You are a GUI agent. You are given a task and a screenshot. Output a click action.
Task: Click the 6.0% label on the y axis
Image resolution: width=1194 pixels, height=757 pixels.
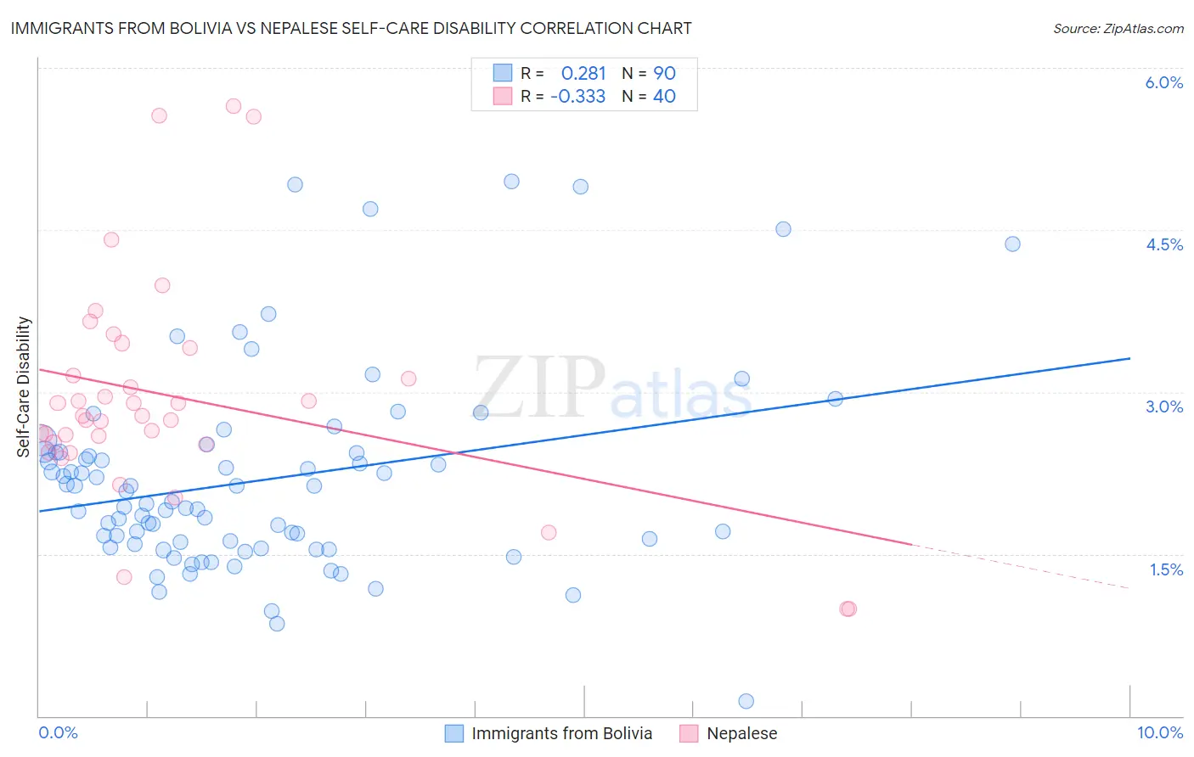pyautogui.click(x=1163, y=82)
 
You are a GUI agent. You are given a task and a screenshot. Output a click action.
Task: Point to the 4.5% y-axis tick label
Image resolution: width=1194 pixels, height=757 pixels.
pyautogui.click(x=1163, y=244)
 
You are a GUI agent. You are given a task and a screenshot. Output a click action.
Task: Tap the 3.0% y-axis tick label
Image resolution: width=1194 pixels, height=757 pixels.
pyautogui.click(x=1163, y=407)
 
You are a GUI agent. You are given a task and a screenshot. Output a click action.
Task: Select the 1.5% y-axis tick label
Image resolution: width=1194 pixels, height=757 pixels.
pyautogui.click(x=1166, y=569)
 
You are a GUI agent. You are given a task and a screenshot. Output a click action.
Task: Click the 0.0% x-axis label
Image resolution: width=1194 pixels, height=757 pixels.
pyautogui.click(x=58, y=732)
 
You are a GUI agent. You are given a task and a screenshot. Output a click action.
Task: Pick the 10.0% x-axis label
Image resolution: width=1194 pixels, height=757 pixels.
pyautogui.click(x=1159, y=732)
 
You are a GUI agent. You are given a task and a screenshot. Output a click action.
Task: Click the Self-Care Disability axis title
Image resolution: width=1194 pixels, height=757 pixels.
pyautogui.click(x=24, y=387)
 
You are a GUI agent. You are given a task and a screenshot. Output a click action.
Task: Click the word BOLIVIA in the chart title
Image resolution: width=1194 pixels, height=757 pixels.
pyautogui.click(x=208, y=28)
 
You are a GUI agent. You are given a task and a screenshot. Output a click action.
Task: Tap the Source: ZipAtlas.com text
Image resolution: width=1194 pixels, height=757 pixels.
pyautogui.click(x=1118, y=28)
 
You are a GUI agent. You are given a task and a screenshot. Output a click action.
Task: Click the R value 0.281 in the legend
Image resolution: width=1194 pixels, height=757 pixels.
pyautogui.click(x=583, y=74)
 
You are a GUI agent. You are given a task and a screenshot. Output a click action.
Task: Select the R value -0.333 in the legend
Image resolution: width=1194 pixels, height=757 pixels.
pyautogui.click(x=577, y=97)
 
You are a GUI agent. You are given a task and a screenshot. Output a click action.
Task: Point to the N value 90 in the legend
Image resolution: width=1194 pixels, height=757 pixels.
pyautogui.click(x=664, y=74)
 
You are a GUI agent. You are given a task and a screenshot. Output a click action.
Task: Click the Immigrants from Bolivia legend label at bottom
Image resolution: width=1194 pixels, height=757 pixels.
pyautogui.click(x=561, y=733)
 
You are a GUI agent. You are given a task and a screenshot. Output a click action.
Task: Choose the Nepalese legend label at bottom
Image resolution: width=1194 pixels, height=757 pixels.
pyautogui.click(x=741, y=733)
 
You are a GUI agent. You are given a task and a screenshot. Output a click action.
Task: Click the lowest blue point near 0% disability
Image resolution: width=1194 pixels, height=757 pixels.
pyautogui.click(x=746, y=701)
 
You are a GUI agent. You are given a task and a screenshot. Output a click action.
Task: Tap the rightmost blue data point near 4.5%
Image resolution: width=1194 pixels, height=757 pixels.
pyautogui.click(x=1012, y=244)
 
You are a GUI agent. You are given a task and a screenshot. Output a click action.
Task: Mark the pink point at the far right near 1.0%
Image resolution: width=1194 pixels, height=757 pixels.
pyautogui.click(x=848, y=608)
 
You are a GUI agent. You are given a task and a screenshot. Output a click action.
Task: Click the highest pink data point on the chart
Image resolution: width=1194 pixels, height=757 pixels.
pyautogui.click(x=234, y=106)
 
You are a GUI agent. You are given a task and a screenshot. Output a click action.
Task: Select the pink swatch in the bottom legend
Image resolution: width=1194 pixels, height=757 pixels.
pyautogui.click(x=689, y=733)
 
